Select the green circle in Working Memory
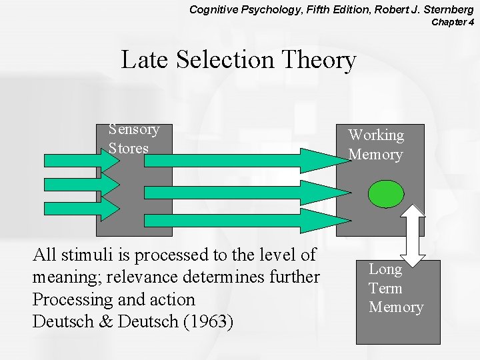[x=387, y=193]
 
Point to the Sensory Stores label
[x=133, y=138]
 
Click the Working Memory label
[x=376, y=145]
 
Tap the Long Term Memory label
[x=396, y=288]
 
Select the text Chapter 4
[x=453, y=22]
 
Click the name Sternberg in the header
[x=445, y=9]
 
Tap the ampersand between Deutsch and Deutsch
[x=107, y=322]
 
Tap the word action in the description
[x=173, y=299]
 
